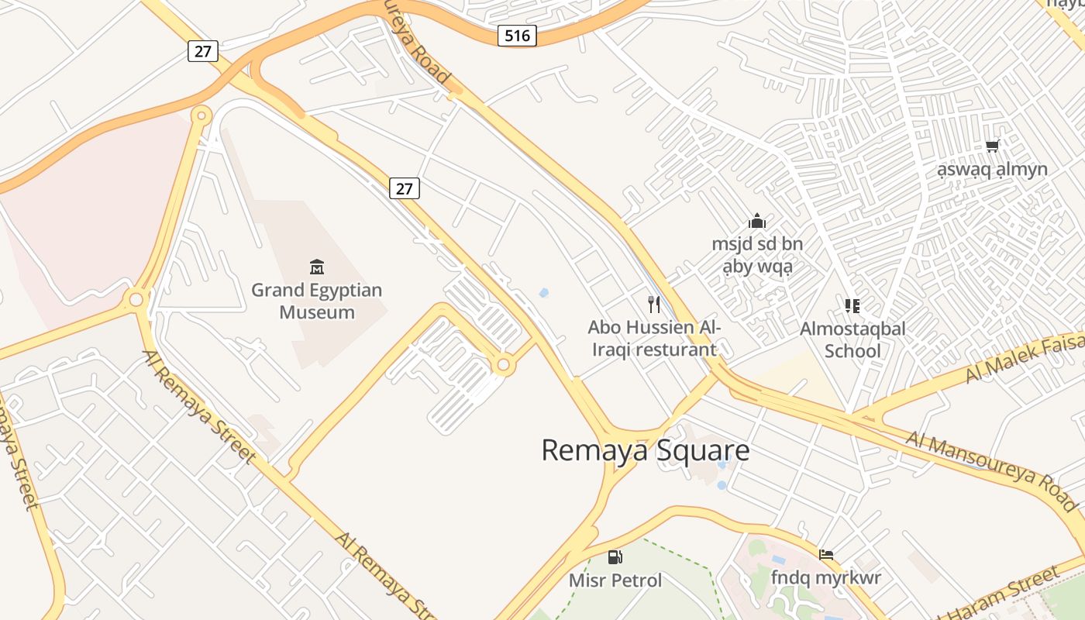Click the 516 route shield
coord(517,35)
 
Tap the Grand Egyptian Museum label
coord(316,301)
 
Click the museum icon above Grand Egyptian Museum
coord(316,267)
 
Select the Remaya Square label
coord(645,450)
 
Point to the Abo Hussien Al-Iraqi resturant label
coord(654,339)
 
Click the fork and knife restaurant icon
coord(654,304)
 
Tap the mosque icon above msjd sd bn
coord(757,222)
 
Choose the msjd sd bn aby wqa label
coord(757,256)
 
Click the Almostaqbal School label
coord(852,339)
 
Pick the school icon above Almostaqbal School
coord(852,305)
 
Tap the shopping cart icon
coord(992,146)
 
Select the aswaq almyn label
coord(992,169)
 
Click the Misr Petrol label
coord(615,580)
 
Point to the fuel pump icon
coord(615,556)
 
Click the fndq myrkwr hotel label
coord(826,577)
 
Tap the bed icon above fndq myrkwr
coord(826,555)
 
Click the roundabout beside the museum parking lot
coord(504,363)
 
